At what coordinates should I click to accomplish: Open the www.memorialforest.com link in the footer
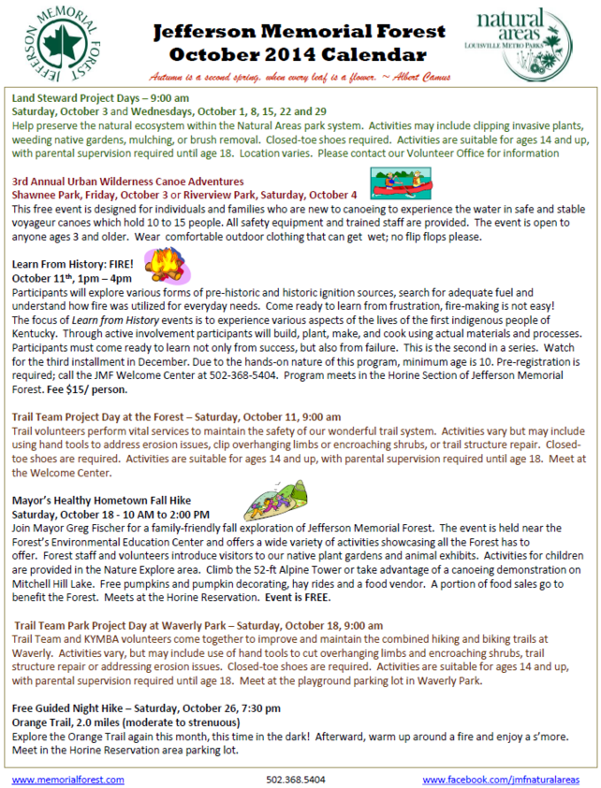tap(67, 779)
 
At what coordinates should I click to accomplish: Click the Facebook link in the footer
tap(500, 779)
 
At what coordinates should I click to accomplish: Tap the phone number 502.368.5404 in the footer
tap(296, 779)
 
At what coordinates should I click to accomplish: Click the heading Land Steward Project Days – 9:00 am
tap(101, 96)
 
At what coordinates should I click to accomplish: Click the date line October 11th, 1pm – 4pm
tap(71, 278)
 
